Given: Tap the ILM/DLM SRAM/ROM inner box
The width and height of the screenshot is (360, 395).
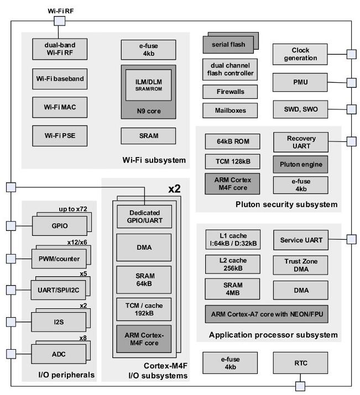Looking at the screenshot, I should (x=148, y=85).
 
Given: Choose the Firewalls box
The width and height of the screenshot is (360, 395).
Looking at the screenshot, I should (x=230, y=91).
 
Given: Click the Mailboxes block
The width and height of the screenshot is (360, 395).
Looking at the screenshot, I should (x=230, y=110).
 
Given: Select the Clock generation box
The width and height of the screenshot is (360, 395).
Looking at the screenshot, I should (x=301, y=54).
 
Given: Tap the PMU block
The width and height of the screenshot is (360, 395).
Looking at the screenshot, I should (x=301, y=82).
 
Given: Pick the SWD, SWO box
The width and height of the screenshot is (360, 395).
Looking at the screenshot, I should (x=301, y=108).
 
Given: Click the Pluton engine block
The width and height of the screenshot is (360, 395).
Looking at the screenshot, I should (x=301, y=164).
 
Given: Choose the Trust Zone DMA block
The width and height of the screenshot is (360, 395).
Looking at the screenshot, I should (x=301, y=264).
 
